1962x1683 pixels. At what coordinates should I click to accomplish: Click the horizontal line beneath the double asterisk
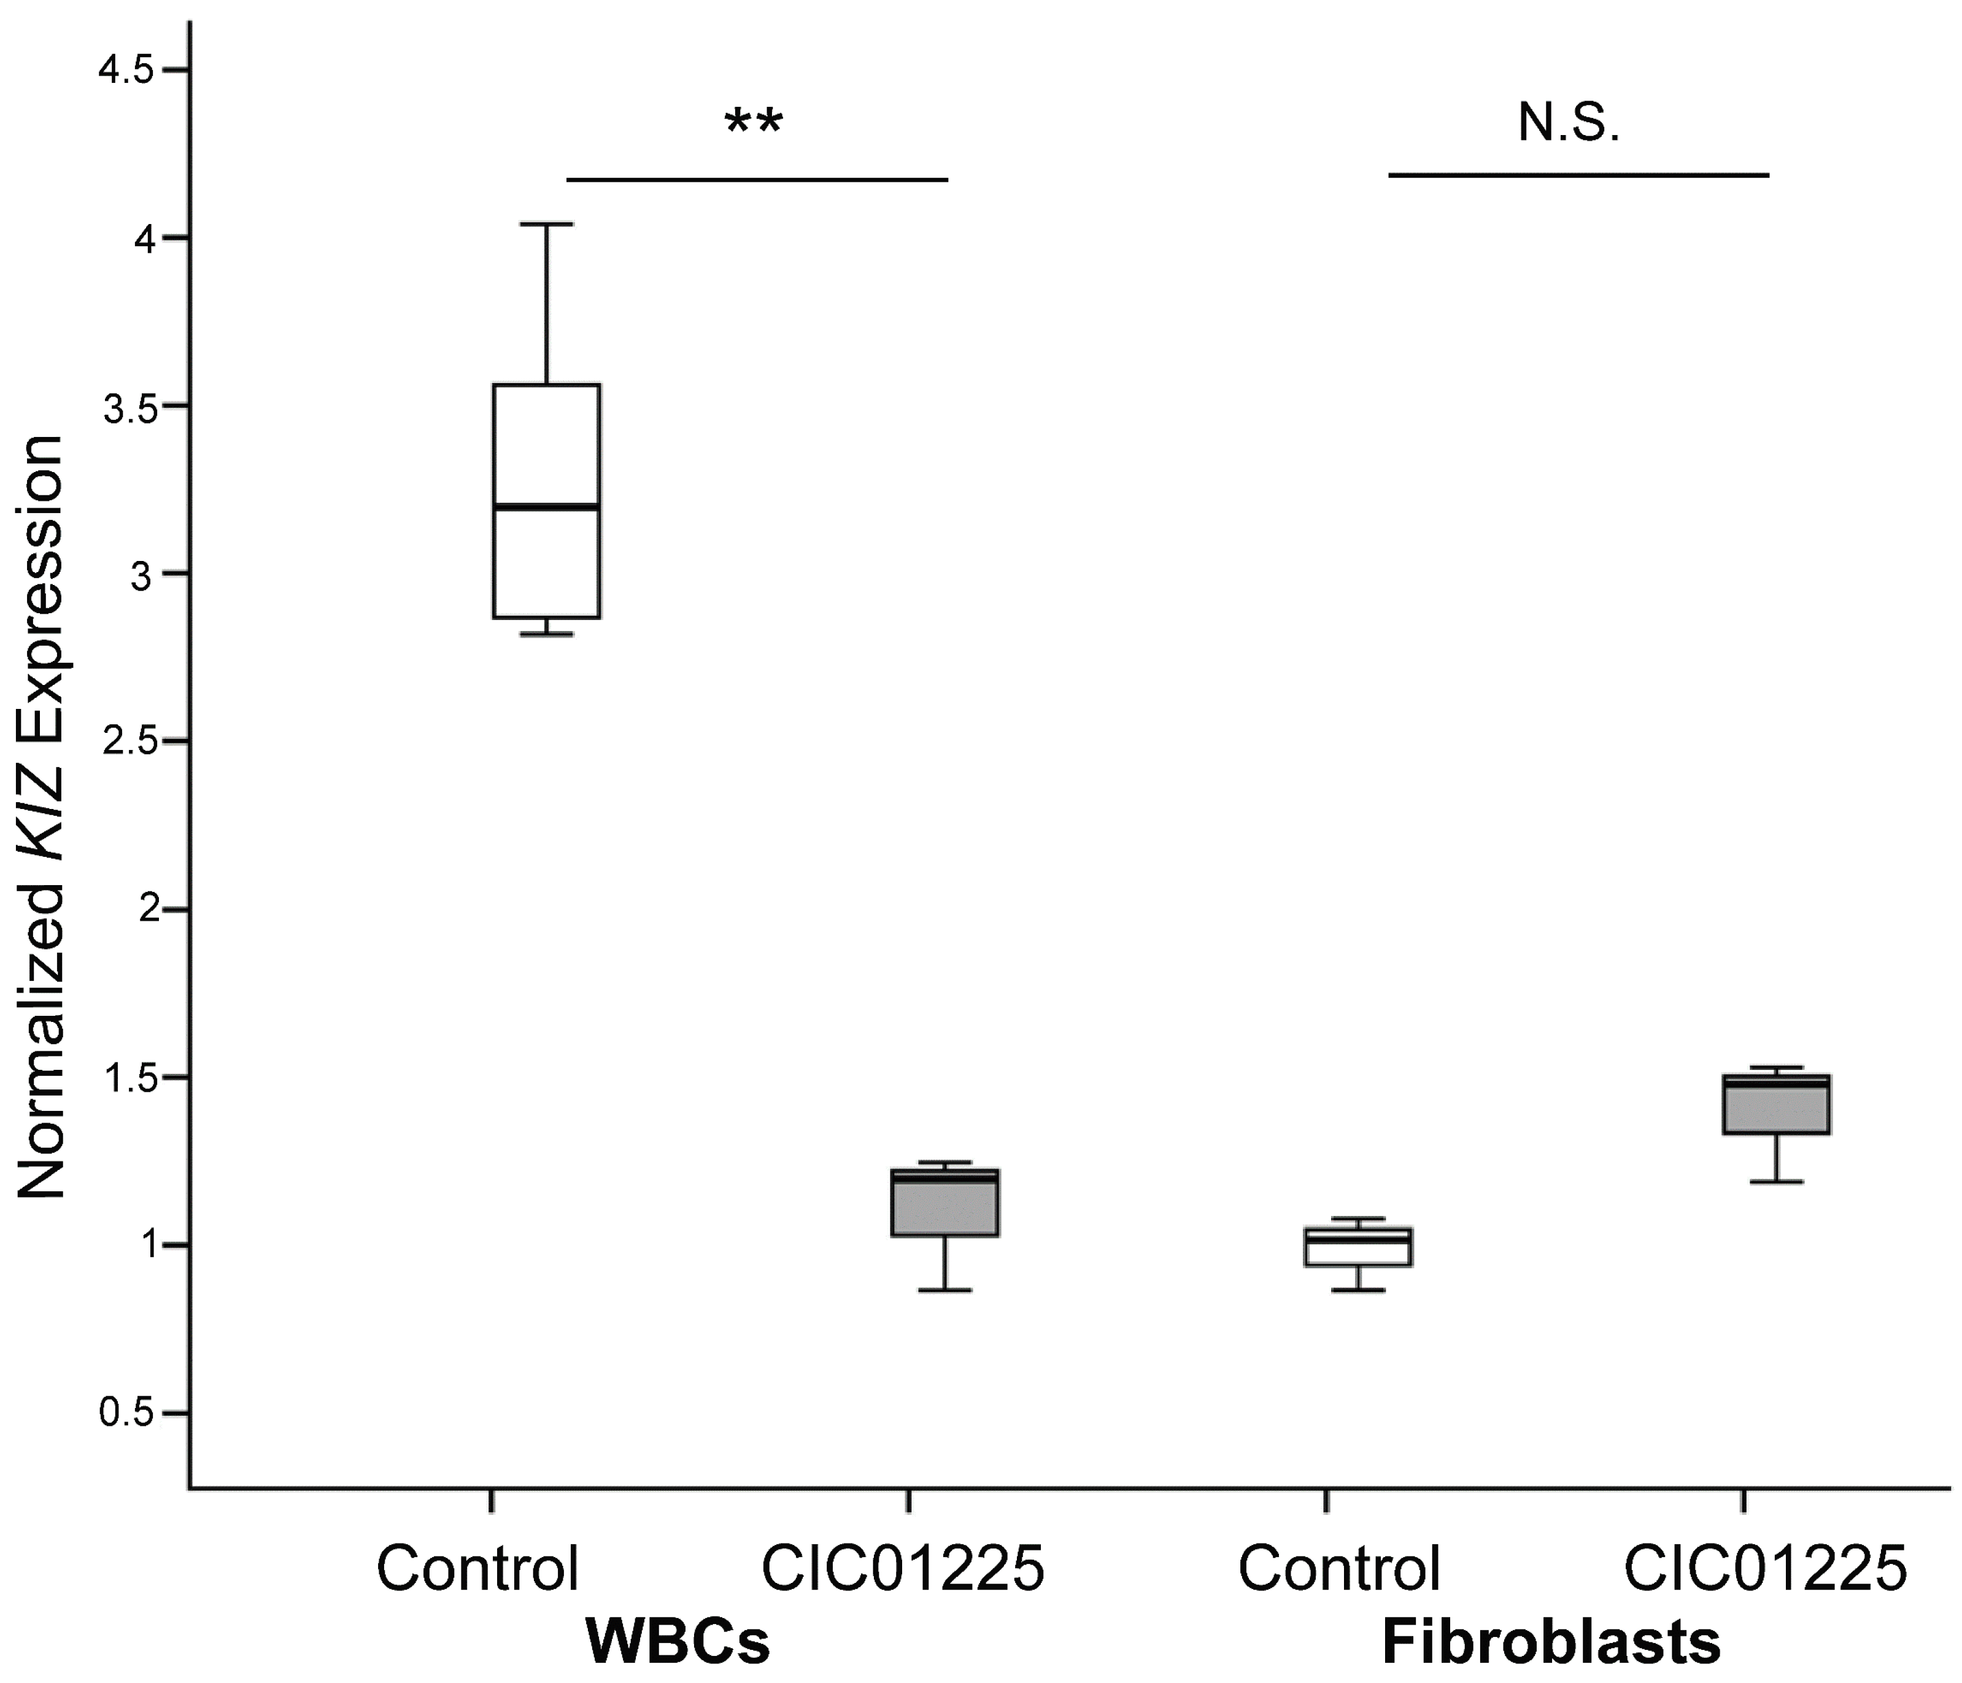tap(757, 179)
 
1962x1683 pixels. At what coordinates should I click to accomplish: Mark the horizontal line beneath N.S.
tap(1578, 175)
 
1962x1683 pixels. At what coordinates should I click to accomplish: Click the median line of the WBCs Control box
tap(546, 508)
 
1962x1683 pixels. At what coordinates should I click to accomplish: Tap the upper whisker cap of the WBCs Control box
tap(546, 225)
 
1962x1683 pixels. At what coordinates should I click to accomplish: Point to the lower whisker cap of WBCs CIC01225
tap(945, 1290)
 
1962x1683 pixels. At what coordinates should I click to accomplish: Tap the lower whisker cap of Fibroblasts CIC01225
tap(1775, 1182)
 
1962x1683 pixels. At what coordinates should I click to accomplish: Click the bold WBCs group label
tap(678, 1641)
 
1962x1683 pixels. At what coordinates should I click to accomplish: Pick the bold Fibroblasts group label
tap(1551, 1641)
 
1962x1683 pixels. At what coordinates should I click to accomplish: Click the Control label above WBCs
tap(477, 1568)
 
